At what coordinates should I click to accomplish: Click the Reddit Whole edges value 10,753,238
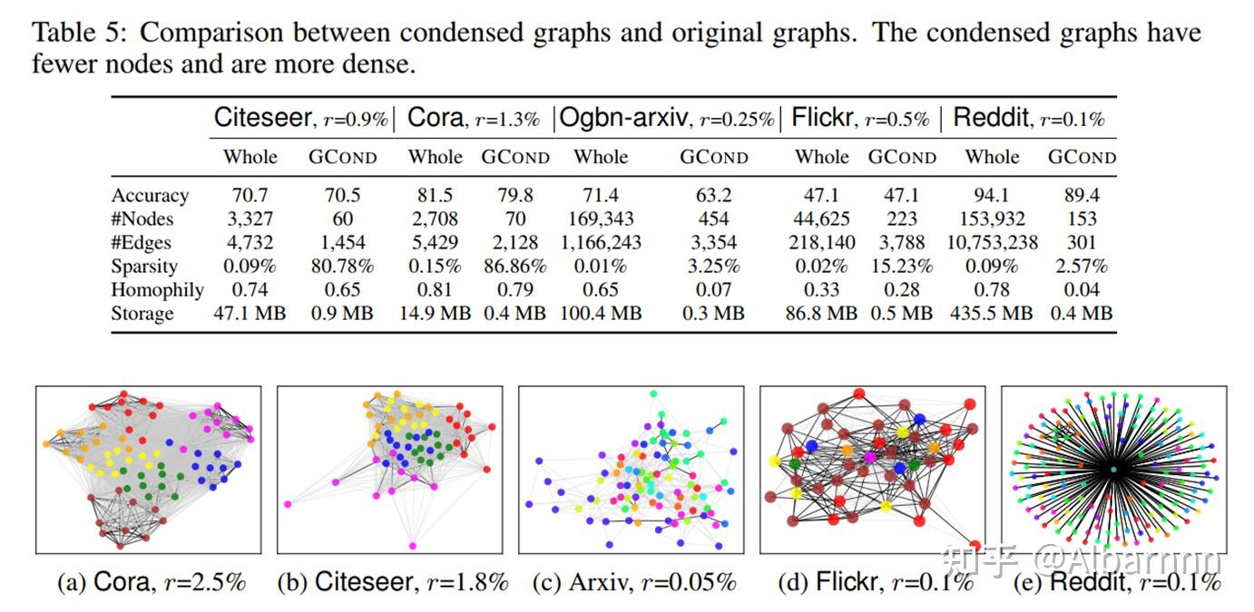[x=992, y=243]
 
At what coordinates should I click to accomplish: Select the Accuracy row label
[x=150, y=196]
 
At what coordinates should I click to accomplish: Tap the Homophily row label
[x=157, y=290]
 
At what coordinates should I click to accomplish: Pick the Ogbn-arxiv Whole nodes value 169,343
[x=601, y=219]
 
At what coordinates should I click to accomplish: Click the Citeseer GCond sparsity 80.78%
[x=342, y=267]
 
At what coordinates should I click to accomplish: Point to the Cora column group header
[x=473, y=118]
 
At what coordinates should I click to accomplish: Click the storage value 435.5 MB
[x=992, y=314]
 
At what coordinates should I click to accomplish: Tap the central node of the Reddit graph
[x=1113, y=469]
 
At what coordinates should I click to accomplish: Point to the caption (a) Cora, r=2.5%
[x=151, y=582]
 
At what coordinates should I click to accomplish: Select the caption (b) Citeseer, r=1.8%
[x=392, y=582]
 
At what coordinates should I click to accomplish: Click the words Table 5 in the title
[x=76, y=34]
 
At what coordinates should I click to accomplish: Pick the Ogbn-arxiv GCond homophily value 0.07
[x=714, y=290]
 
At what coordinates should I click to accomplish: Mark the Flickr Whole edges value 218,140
[x=821, y=243]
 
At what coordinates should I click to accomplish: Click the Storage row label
[x=142, y=314]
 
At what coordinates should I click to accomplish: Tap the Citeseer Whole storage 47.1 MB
[x=250, y=314]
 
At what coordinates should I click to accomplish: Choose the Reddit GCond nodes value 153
[x=1082, y=219]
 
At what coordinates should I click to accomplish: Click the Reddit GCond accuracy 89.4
[x=1082, y=196]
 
